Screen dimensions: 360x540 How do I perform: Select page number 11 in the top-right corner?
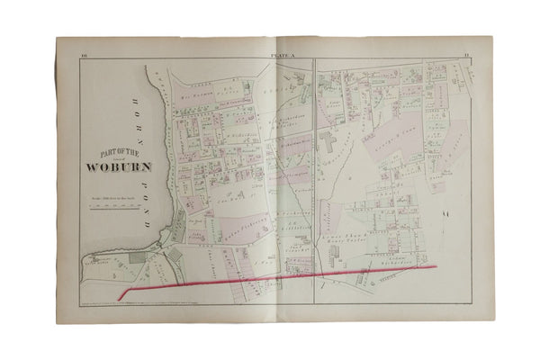[x=466, y=56]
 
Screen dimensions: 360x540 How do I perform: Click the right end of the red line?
[x=436, y=266]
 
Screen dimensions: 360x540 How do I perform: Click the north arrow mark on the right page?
[x=445, y=212]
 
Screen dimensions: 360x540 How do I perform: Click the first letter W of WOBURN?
[x=92, y=166]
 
